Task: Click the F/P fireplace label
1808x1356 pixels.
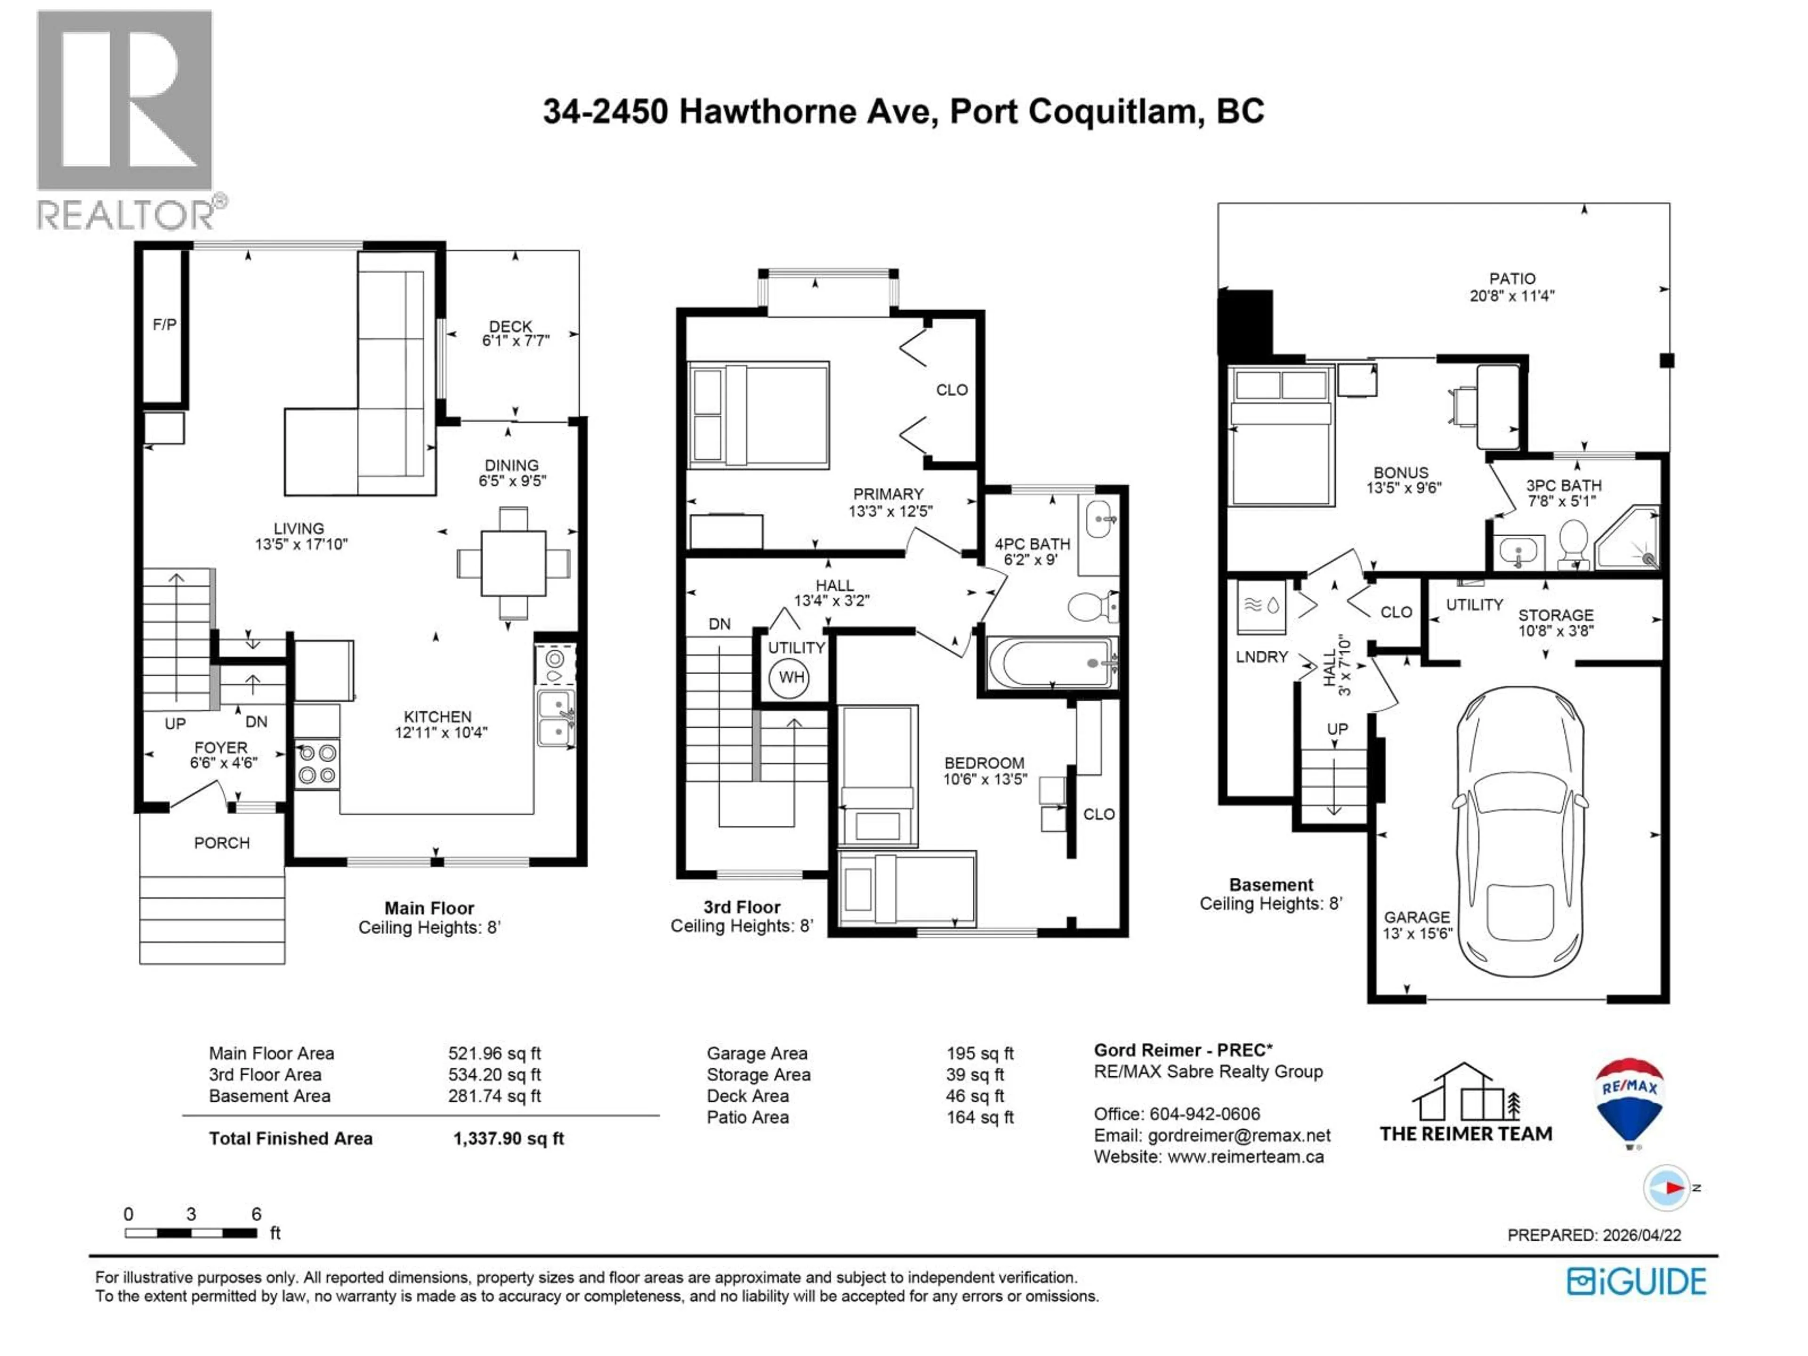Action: coord(164,324)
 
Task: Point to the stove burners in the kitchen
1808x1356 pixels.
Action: coord(316,763)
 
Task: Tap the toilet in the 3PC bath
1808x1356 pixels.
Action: coord(1573,543)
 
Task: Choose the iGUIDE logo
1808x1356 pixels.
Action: coord(1636,1281)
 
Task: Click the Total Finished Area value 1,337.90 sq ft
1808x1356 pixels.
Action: coord(508,1138)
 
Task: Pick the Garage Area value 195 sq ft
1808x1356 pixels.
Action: coord(979,1054)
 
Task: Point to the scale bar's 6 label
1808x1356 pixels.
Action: coord(256,1214)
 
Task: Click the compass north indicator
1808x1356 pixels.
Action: coord(1667,1187)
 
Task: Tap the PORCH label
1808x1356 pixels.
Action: coord(221,843)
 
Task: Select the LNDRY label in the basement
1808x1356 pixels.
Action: coord(1261,656)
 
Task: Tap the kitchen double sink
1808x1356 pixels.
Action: coord(556,718)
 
